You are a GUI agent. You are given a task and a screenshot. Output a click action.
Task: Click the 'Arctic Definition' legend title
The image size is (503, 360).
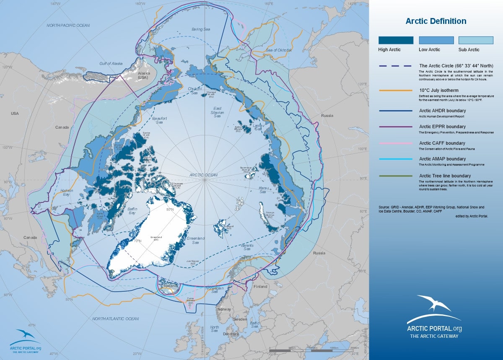[x=436, y=21]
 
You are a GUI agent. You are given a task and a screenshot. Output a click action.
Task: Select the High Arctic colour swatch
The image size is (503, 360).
[x=396, y=40]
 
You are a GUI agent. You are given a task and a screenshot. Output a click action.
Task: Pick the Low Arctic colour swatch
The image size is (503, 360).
[x=436, y=40]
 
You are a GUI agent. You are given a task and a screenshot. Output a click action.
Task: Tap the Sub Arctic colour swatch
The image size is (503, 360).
[x=476, y=40]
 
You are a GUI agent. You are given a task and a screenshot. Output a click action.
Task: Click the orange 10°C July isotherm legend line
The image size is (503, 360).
[x=396, y=91]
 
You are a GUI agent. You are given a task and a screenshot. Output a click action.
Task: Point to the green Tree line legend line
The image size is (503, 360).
[x=396, y=176]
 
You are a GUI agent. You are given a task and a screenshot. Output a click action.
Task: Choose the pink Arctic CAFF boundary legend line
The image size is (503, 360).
[x=396, y=143]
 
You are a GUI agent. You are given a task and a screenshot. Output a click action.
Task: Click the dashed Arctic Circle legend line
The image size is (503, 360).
[x=396, y=66]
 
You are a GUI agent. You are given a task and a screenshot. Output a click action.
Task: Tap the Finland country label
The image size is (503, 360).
[x=260, y=287]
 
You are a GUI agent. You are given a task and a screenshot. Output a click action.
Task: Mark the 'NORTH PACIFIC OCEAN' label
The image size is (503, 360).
[x=68, y=26]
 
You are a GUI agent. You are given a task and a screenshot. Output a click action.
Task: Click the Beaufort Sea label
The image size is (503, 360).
[x=159, y=120]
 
